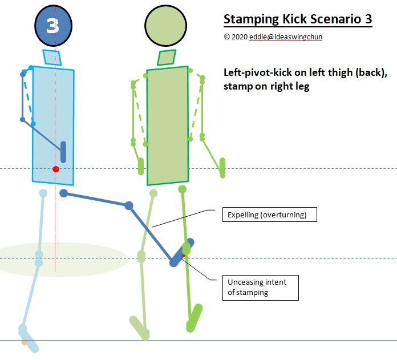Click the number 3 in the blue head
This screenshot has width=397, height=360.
(x=52, y=25)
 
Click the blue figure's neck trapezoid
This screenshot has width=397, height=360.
(x=52, y=57)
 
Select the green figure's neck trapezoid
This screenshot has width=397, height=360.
(x=166, y=57)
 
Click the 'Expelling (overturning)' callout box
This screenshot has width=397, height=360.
(x=268, y=215)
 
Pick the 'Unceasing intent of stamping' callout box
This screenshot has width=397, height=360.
(x=261, y=287)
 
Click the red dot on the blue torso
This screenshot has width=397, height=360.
(x=55, y=169)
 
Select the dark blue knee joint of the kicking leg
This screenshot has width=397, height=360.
(x=129, y=205)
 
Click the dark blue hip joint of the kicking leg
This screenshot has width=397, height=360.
(x=64, y=193)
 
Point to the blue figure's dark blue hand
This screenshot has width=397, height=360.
(x=63, y=153)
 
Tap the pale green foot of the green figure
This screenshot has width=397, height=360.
(x=139, y=327)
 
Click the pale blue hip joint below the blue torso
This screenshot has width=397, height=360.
(x=43, y=193)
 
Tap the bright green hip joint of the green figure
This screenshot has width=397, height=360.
(x=183, y=188)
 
